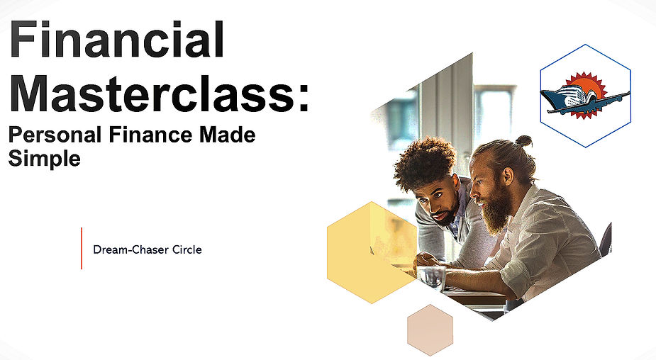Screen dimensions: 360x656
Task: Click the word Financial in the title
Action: point(117,40)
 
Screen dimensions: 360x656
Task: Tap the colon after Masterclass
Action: point(304,98)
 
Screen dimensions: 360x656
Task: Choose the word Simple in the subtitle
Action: point(44,159)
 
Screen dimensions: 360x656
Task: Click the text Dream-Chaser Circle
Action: point(148,249)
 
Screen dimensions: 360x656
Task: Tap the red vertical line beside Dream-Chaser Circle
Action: point(82,248)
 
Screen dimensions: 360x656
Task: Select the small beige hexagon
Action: point(430,330)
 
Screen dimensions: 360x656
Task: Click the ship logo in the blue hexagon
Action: point(583,98)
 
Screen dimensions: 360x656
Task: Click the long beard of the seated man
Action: point(496,209)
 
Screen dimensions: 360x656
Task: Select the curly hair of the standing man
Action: point(425,162)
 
